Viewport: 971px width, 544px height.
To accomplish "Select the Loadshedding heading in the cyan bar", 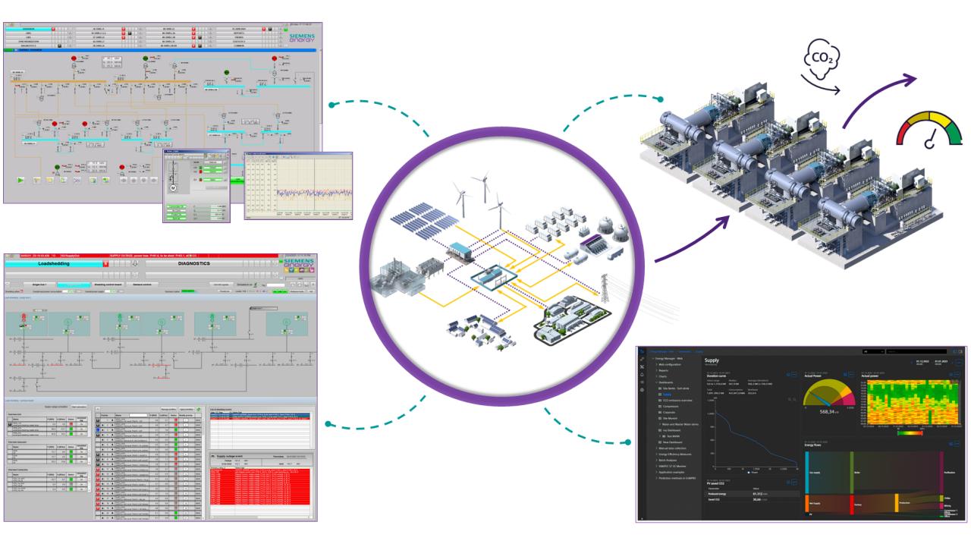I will [64, 264].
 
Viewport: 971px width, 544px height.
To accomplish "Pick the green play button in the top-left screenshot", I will [20, 180].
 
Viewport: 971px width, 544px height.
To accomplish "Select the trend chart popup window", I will [299, 186].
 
